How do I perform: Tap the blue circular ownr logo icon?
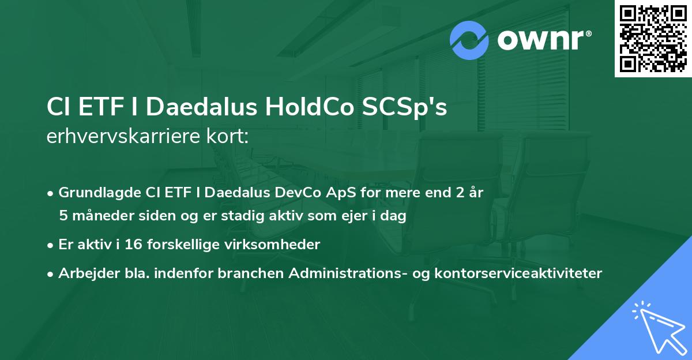click(469, 40)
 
